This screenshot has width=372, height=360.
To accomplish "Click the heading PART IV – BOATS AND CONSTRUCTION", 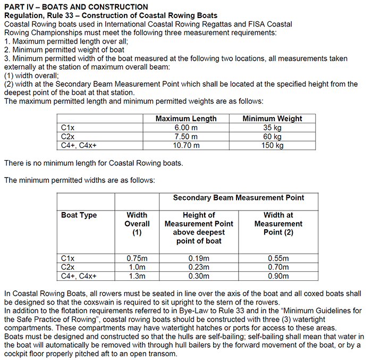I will point(76,7).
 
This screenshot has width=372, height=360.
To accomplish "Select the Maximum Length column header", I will point(185,119).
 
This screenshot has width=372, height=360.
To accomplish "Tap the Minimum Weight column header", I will point(272,119).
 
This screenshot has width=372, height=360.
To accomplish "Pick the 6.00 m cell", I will point(185,128).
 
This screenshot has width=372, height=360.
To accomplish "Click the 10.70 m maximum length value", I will point(185,145).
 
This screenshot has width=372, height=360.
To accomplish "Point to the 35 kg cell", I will point(272,128).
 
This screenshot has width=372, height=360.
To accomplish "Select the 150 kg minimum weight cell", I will point(272,145).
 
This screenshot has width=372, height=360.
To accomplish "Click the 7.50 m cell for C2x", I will point(185,136).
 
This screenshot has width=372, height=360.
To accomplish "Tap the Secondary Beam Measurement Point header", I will point(239,197).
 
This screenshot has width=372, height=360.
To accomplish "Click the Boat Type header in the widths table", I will point(79,215).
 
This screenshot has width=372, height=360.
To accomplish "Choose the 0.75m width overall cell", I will point(137,258).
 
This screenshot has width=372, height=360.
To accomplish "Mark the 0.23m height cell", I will point(199,267).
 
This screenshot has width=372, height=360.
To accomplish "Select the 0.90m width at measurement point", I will point(278,275).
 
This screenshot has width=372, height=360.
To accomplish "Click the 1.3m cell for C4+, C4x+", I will point(137,275).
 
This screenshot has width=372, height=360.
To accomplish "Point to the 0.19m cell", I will point(199,258).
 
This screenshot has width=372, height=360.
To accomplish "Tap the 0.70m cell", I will point(278,267).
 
